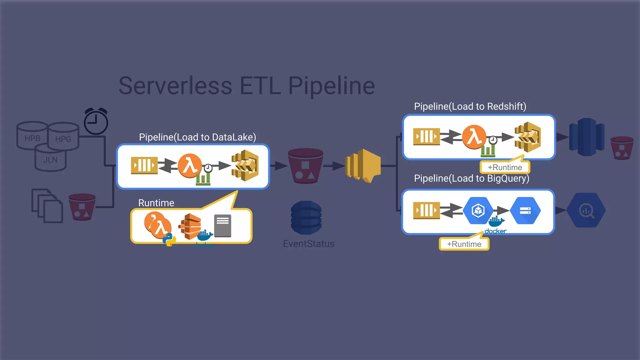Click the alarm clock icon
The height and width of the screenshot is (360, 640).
click(96, 122)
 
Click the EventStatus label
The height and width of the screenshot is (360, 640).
click(309, 244)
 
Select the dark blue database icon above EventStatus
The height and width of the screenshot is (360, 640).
click(306, 217)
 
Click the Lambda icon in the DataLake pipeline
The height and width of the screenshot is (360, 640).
click(190, 166)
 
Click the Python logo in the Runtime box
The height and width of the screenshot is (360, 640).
click(169, 240)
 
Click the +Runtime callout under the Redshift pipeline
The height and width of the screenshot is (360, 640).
click(505, 167)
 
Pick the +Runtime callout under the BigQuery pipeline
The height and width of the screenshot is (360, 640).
click(464, 244)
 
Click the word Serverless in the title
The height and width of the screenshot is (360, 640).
click(175, 86)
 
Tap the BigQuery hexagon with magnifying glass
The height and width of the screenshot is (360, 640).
click(586, 210)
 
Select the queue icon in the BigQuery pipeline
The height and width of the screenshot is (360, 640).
click(426, 210)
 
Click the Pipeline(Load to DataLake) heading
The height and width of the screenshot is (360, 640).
click(197, 137)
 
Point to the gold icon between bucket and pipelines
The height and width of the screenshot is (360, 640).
click(363, 166)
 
